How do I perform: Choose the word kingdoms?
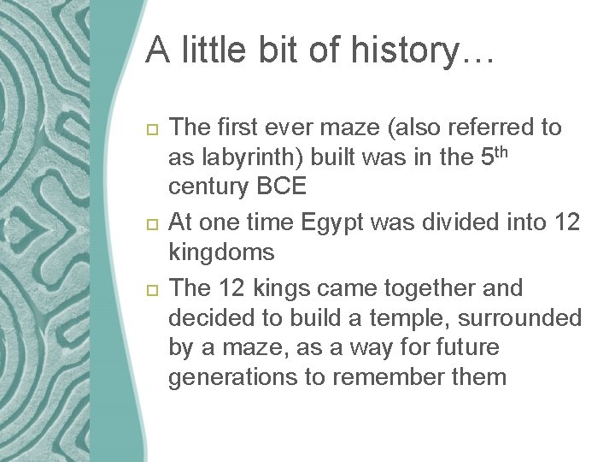(221, 252)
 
